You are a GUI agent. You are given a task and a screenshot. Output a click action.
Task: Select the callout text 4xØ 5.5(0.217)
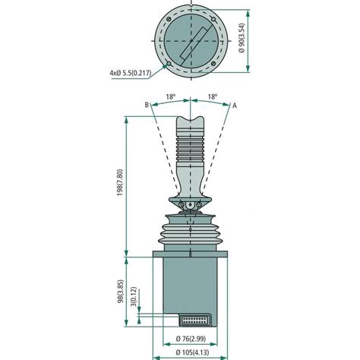click(x=134, y=73)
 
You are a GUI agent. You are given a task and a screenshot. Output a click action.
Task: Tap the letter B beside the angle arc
click(x=144, y=105)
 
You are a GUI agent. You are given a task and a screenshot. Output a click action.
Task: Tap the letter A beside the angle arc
click(x=235, y=105)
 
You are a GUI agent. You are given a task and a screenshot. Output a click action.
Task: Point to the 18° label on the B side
click(x=171, y=97)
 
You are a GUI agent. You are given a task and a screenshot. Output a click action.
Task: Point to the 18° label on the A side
click(x=212, y=97)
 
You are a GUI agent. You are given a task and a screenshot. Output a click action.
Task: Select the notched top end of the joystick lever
click(x=191, y=123)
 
